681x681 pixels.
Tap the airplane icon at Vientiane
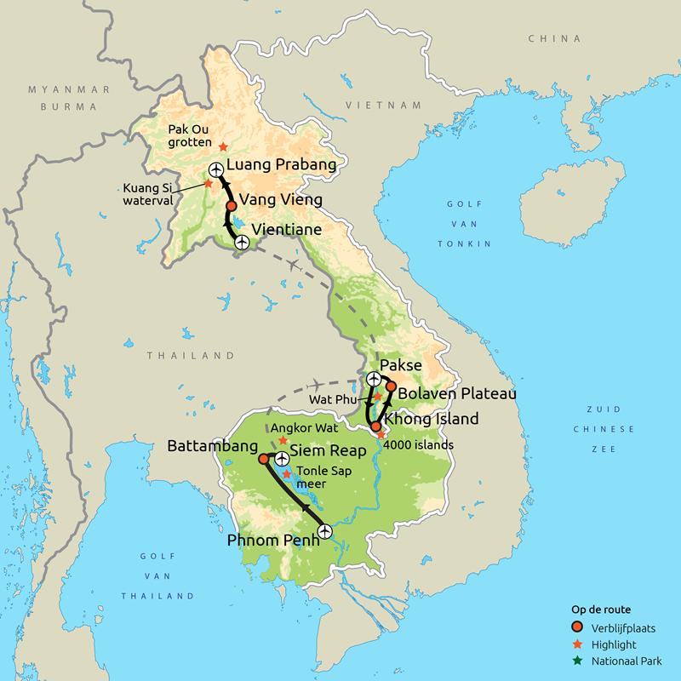(x=242, y=243)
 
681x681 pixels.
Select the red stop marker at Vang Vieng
(x=231, y=206)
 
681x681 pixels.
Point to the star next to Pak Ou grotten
(x=223, y=147)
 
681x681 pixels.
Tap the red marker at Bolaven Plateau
(x=391, y=387)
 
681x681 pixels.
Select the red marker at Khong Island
(x=375, y=426)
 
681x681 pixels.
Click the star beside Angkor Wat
(x=283, y=440)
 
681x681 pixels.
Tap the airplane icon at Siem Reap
(x=281, y=459)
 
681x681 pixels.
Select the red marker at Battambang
(x=263, y=459)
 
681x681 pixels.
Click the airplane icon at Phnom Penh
(x=324, y=532)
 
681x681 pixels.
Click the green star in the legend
(x=579, y=661)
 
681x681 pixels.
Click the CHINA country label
(x=554, y=38)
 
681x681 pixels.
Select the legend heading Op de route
(x=600, y=610)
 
